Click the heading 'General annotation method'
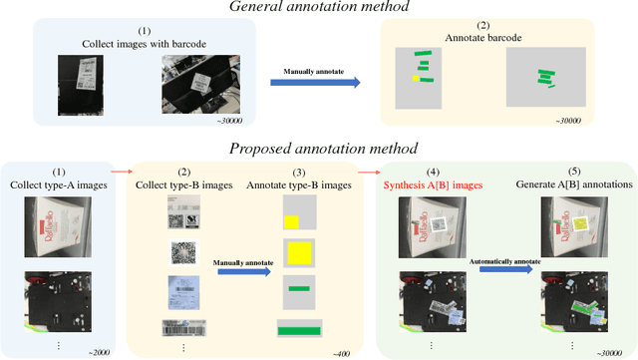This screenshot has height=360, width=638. tap(318, 8)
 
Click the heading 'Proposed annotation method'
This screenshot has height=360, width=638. tap(318, 149)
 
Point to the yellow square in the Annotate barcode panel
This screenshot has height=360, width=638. tap(415, 77)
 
